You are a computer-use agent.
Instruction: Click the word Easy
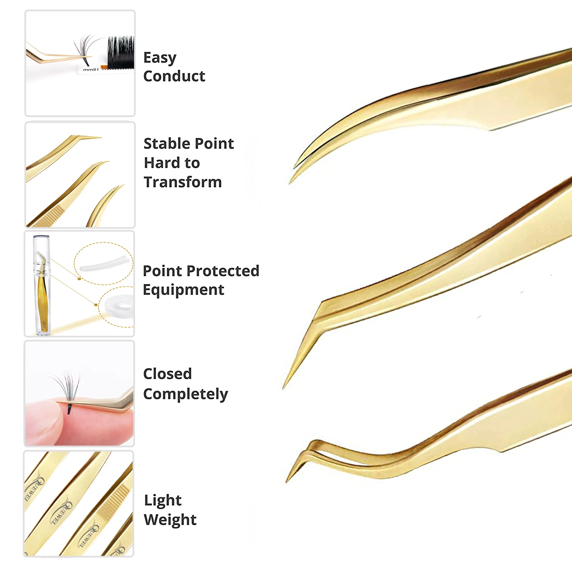(x=160, y=58)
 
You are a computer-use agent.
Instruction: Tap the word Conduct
(x=174, y=76)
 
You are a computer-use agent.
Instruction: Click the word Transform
(x=183, y=182)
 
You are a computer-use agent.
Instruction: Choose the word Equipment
(x=183, y=290)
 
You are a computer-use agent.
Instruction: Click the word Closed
(x=167, y=374)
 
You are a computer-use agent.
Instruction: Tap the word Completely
(x=185, y=394)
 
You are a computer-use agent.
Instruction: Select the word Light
(x=162, y=500)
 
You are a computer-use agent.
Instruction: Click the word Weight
(x=170, y=520)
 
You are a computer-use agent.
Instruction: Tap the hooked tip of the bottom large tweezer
(x=288, y=480)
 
